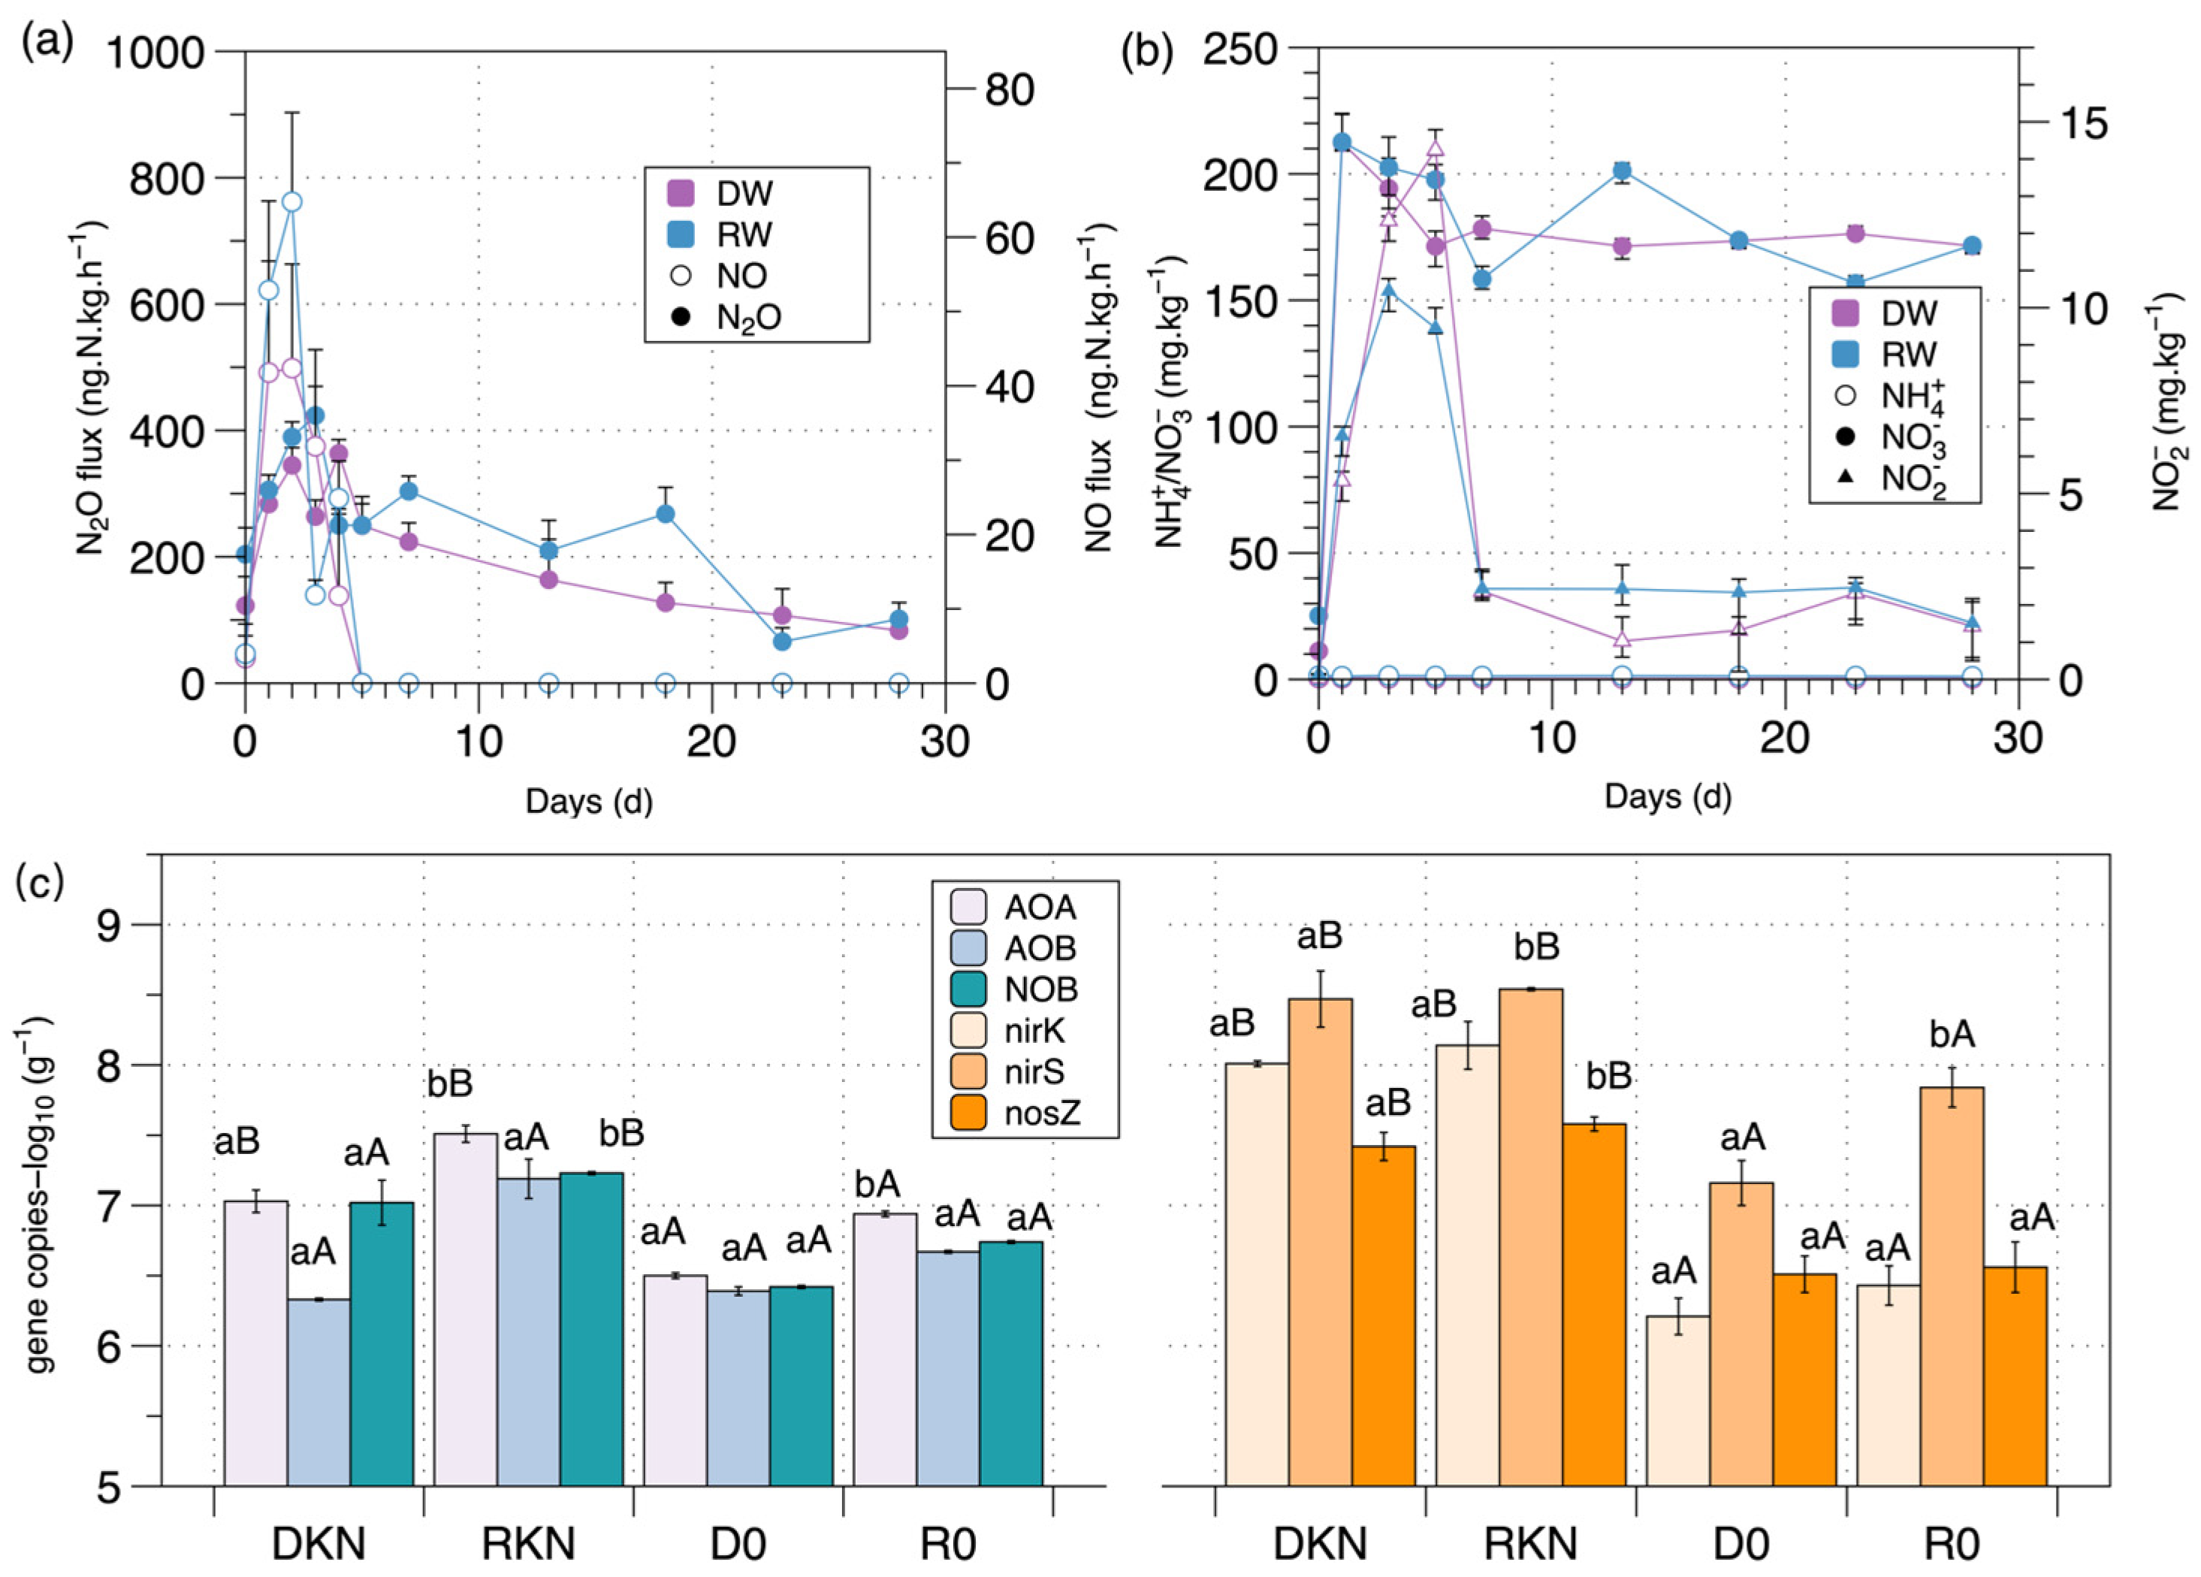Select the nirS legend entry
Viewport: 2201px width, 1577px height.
pyautogui.click(x=968, y=1071)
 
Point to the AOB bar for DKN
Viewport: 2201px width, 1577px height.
pyautogui.click(x=319, y=1393)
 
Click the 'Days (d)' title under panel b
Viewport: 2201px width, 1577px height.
pyautogui.click(x=1667, y=796)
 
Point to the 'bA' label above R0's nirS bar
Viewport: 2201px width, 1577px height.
pyautogui.click(x=1952, y=1035)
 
